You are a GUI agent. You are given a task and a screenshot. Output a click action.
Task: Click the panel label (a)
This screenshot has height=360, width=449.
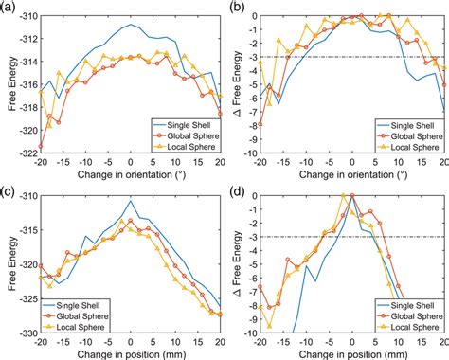click(x=9, y=7)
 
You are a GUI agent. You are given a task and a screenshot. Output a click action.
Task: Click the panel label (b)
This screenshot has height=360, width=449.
click(x=233, y=7)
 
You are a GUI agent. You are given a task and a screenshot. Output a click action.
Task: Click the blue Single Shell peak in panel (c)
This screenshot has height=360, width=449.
click(x=131, y=201)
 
